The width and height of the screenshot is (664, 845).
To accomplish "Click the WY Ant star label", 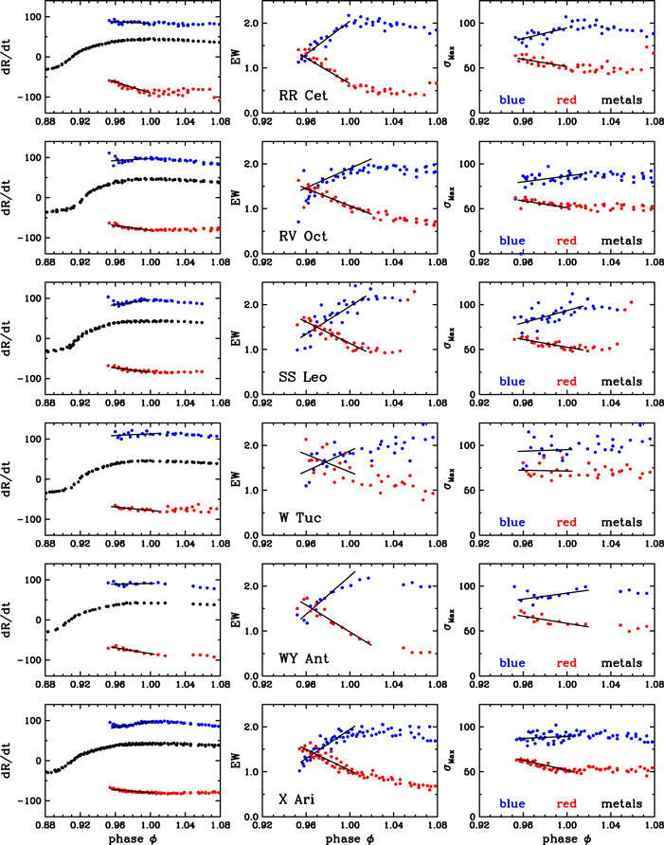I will tap(298, 658).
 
